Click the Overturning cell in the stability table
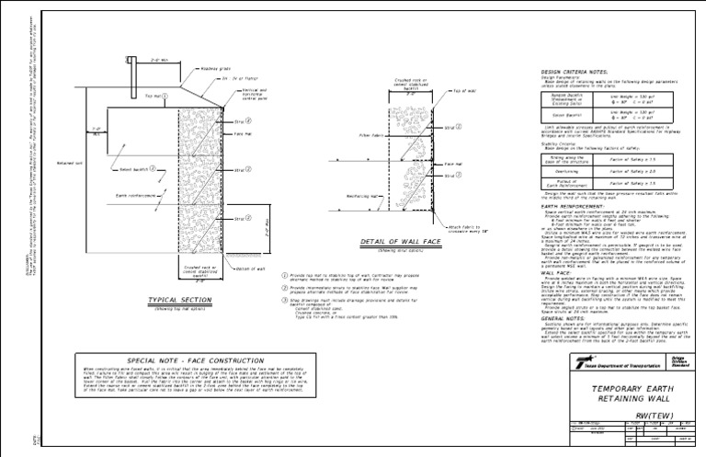tap(566, 171)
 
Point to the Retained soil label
tap(70, 163)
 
